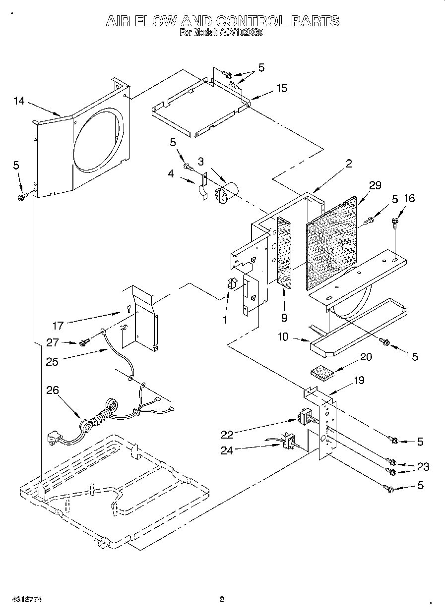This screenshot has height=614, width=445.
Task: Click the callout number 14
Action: pos(19,101)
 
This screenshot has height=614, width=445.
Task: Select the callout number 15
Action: pos(281,88)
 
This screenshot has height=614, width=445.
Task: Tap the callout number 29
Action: pos(375,185)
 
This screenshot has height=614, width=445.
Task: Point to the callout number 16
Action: pos(409,199)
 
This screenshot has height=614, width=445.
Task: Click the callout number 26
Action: pos(52,391)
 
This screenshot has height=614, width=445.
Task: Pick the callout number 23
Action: pos(423,466)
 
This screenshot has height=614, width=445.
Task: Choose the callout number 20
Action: pos(366,357)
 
